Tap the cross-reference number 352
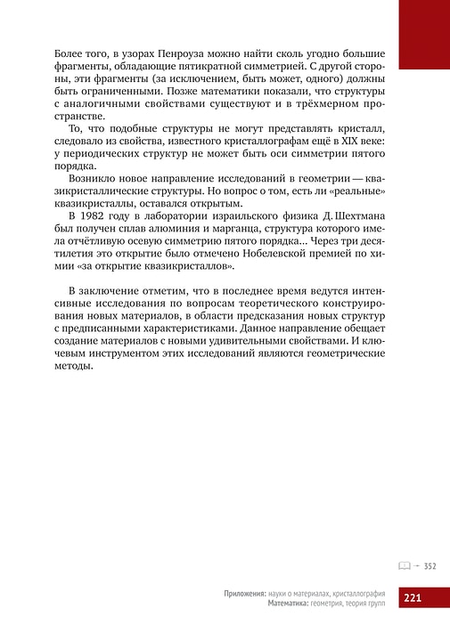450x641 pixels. point(429,565)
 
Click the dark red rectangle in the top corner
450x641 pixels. point(423,33)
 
